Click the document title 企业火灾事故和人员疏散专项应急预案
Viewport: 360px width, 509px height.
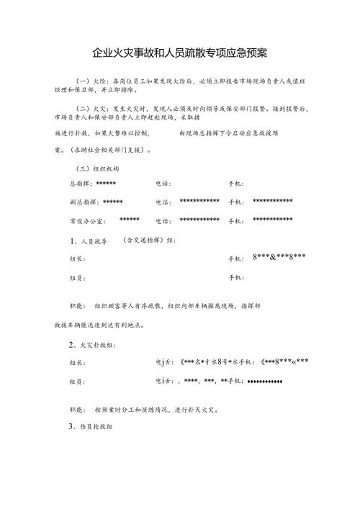[180, 53]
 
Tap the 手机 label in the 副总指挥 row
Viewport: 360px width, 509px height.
[236, 202]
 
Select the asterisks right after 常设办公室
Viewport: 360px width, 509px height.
[130, 220]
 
